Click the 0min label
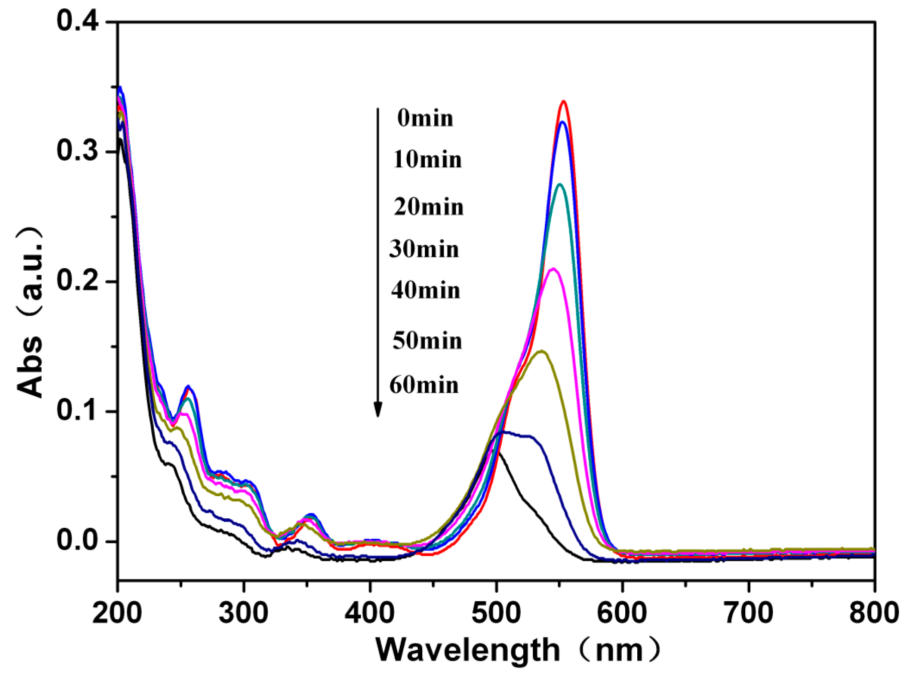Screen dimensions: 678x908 click(425, 119)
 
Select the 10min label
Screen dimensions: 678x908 click(427, 160)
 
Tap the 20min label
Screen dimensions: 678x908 click(428, 207)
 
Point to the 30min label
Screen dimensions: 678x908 click(424, 249)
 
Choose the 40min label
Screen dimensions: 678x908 click(426, 290)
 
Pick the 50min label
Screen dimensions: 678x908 click(427, 341)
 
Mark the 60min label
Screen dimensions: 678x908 click(424, 385)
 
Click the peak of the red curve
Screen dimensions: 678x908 click(564, 101)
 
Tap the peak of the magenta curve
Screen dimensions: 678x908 click(553, 269)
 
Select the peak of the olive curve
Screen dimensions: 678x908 click(542, 351)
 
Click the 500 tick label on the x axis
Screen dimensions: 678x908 click(496, 613)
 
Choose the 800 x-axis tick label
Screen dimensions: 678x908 click(874, 613)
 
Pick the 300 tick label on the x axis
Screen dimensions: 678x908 click(244, 613)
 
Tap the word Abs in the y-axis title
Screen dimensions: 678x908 click(30, 368)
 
